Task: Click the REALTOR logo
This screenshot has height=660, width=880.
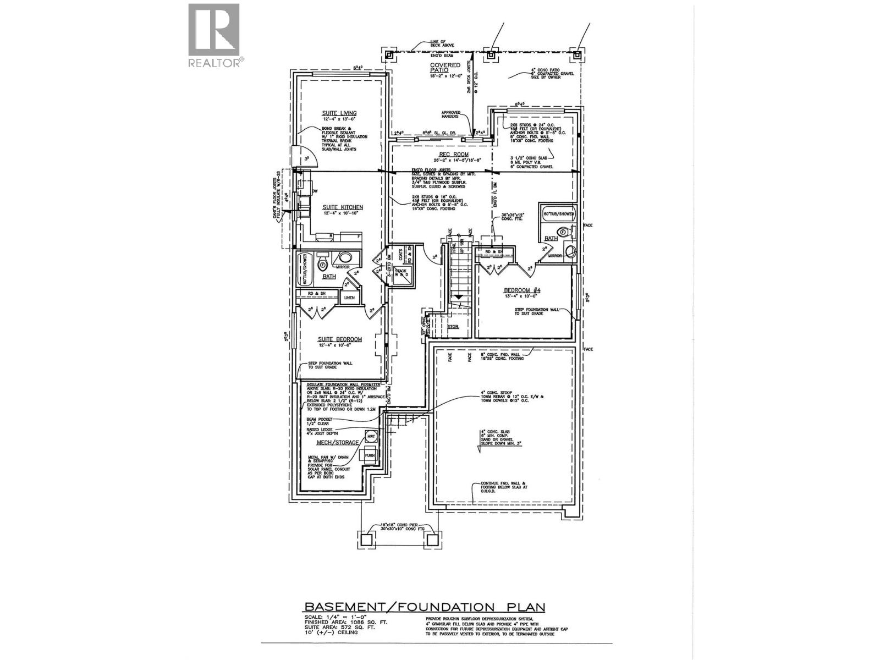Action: click(x=214, y=36)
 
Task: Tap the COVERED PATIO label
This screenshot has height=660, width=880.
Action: click(x=445, y=68)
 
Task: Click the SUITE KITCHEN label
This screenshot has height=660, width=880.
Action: click(x=342, y=207)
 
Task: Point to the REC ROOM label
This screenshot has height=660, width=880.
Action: click(x=453, y=155)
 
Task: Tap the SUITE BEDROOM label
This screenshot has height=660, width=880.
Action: click(x=339, y=339)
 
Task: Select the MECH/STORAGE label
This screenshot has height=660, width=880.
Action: click(x=330, y=442)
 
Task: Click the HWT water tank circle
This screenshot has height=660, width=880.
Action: click(x=371, y=436)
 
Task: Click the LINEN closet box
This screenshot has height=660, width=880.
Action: click(x=350, y=298)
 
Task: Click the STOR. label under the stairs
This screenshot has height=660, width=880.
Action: click(x=453, y=326)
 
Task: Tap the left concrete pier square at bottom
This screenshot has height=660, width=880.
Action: click(x=367, y=540)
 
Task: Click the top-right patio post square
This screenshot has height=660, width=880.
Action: click(x=576, y=55)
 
